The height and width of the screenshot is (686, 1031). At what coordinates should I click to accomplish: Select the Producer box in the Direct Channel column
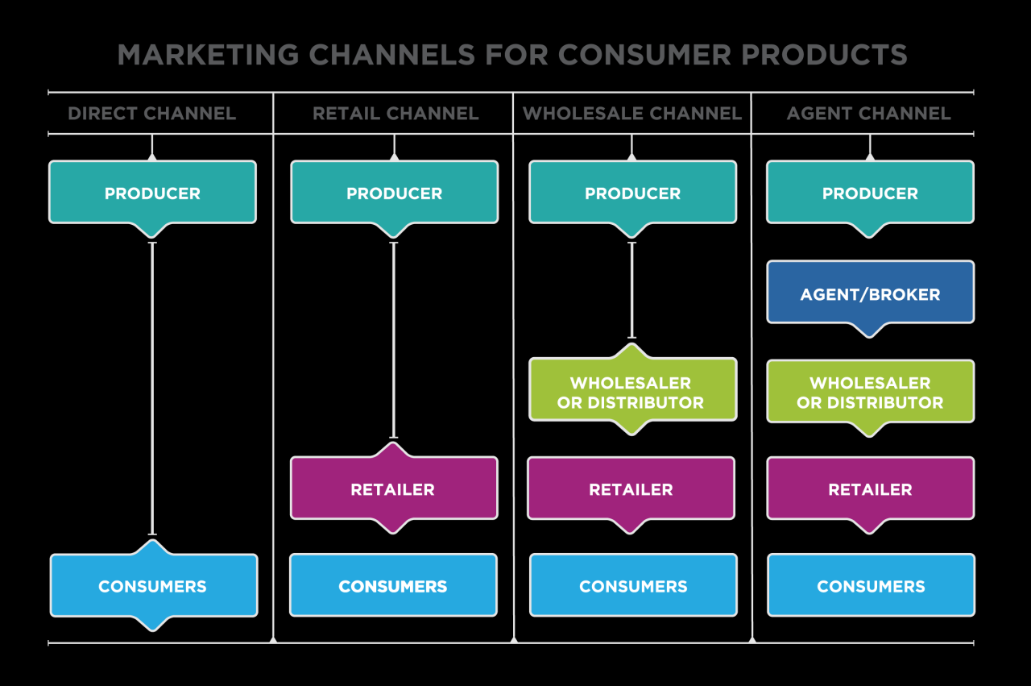152,193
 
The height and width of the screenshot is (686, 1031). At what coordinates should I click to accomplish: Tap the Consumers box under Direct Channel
153,586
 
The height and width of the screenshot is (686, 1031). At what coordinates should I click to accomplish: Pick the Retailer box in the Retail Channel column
394,489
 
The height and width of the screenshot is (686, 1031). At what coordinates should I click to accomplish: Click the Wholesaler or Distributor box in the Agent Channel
870,392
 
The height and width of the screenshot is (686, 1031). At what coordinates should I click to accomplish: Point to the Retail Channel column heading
395,114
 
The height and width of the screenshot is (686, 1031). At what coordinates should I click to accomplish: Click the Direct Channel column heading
151,114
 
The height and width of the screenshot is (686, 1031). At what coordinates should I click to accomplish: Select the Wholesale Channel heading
632,114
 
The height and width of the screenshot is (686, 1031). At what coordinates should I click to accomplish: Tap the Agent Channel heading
868,114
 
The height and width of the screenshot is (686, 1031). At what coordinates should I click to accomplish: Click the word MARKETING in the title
208,55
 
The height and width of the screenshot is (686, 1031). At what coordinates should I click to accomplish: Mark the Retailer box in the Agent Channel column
870,489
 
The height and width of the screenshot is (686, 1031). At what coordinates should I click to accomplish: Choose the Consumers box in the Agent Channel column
871,586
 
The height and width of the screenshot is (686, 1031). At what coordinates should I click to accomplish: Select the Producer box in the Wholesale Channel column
632,193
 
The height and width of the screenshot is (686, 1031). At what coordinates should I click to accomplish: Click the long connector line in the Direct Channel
152,387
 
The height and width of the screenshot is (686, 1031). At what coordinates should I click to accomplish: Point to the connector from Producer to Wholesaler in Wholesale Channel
631,290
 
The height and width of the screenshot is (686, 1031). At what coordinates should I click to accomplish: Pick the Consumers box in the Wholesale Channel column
633,586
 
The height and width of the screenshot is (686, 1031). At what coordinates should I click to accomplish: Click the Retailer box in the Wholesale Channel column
631,489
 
